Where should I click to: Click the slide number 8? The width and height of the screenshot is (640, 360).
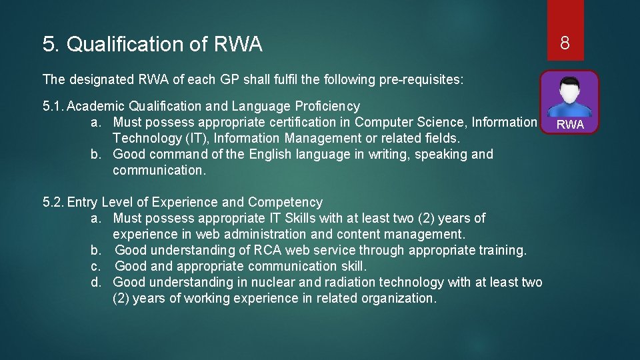[x=565, y=44]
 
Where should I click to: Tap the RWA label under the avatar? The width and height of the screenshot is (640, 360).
[x=570, y=125]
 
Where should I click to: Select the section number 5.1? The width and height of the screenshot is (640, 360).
[x=53, y=107]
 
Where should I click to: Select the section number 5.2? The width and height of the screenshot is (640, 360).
[x=53, y=203]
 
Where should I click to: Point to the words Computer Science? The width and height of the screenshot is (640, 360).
[x=409, y=123]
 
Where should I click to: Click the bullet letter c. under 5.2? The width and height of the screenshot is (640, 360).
[x=96, y=267]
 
